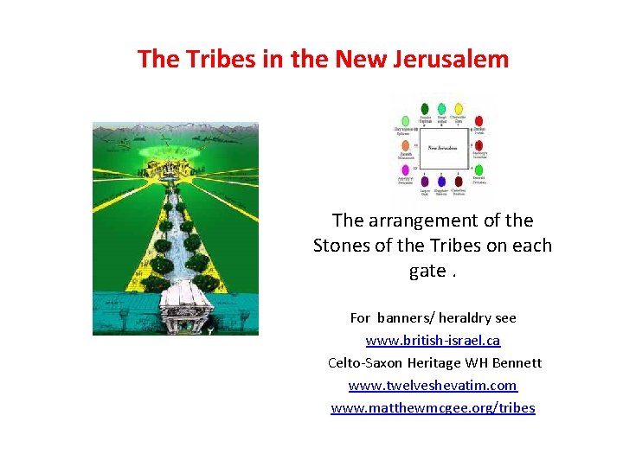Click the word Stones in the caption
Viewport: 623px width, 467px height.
pos(342,246)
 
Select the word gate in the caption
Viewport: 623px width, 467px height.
pos(427,271)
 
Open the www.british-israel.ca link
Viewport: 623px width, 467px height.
pos(433,341)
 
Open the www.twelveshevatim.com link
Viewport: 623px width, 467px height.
pos(433,386)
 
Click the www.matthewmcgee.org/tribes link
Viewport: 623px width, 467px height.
pos(433,408)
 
